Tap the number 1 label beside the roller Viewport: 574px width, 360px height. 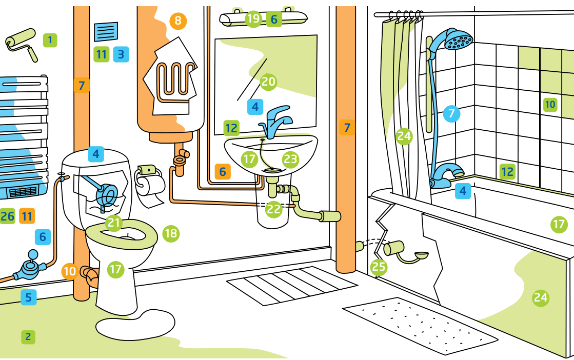pos(50,39)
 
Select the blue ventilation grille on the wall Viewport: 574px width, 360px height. pos(106,32)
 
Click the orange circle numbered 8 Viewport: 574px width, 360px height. pos(178,21)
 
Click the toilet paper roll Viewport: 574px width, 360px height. pos(149,183)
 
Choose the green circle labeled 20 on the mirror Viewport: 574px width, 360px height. pos(268,81)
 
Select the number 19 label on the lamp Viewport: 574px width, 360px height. pos(253,19)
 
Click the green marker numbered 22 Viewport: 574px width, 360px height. pos(274,209)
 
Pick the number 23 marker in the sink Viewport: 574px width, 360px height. pos(290,159)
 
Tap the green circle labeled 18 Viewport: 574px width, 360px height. pos(171,234)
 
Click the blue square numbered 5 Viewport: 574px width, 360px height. pos(29,297)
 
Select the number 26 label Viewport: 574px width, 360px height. pos(7,216)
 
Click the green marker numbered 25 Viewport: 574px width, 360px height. pos(379,266)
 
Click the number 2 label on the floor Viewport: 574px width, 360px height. pos(28,337)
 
